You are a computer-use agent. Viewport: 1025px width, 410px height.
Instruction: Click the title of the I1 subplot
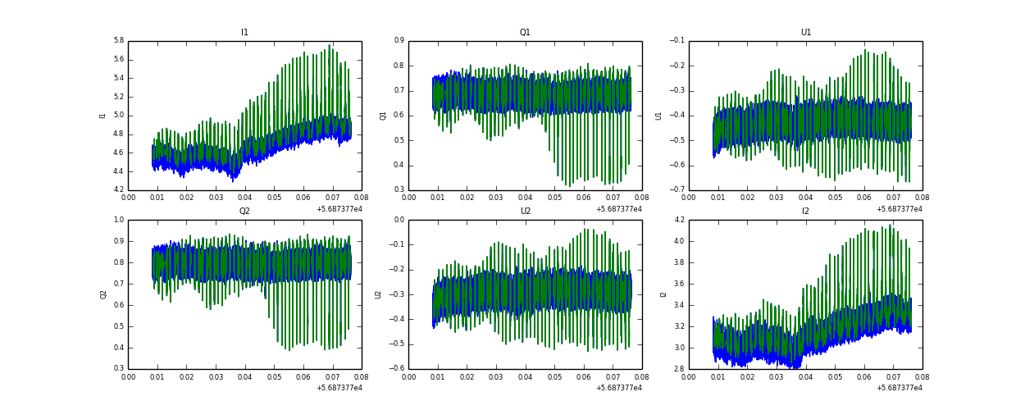(x=244, y=33)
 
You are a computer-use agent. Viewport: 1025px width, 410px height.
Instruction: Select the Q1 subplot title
(x=525, y=33)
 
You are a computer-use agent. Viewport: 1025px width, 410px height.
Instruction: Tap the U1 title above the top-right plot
(x=806, y=33)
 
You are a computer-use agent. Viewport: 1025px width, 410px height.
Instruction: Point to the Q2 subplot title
(x=244, y=212)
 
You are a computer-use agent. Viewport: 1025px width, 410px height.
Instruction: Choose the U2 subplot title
(x=525, y=212)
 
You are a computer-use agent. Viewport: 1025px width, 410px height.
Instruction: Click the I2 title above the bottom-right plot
(x=806, y=212)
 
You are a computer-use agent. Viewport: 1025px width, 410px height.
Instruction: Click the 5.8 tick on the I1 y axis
(x=118, y=40)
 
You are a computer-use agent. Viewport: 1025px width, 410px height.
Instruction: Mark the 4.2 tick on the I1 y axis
(x=118, y=190)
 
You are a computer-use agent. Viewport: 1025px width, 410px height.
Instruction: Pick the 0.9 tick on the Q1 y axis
(x=399, y=40)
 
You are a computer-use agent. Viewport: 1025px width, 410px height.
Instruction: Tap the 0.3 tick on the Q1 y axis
(x=399, y=190)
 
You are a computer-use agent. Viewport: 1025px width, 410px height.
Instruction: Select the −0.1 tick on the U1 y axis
(x=676, y=40)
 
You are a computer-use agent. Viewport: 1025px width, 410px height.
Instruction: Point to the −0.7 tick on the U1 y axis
(x=676, y=190)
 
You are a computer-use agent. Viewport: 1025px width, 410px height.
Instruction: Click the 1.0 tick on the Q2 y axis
(x=118, y=220)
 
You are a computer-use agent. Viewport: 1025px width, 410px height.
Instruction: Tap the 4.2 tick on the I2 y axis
(x=679, y=220)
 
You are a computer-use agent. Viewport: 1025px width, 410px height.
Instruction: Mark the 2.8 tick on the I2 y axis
(x=679, y=369)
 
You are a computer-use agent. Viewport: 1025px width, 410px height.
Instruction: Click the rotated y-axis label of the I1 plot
(x=103, y=116)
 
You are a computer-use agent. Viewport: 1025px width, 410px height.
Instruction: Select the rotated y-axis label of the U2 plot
(x=378, y=294)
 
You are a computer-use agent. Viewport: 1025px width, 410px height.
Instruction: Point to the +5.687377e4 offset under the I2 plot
(x=899, y=388)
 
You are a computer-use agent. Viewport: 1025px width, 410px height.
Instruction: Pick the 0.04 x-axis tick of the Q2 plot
(x=245, y=377)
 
